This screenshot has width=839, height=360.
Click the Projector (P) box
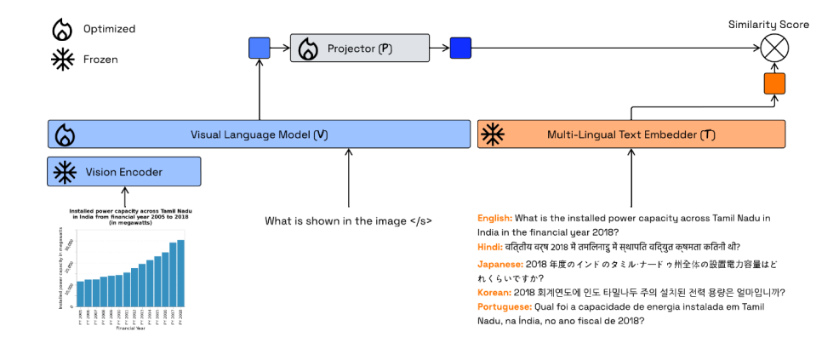click(359, 49)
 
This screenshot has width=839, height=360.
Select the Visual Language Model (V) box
click(260, 134)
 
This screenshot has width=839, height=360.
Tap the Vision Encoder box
click(124, 172)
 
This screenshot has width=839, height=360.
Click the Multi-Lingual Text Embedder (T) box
click(631, 134)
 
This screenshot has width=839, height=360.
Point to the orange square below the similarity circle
click(774, 83)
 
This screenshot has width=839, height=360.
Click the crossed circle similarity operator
click(774, 49)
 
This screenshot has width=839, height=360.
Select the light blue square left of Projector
click(260, 49)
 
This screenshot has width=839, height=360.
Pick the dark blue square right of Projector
click(460, 49)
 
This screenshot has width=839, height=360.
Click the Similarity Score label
click(768, 25)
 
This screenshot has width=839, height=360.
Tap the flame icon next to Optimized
click(62, 30)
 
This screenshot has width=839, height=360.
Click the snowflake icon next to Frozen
click(62, 60)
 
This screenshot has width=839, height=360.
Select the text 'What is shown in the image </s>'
click(348, 221)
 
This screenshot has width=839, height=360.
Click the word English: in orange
click(495, 219)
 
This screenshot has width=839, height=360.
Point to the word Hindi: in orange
click(491, 247)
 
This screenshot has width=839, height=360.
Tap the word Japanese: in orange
click(500, 264)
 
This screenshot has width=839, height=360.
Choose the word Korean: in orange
click(495, 292)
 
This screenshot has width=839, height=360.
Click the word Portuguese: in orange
click(505, 306)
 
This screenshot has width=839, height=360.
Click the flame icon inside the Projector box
click(308, 49)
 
